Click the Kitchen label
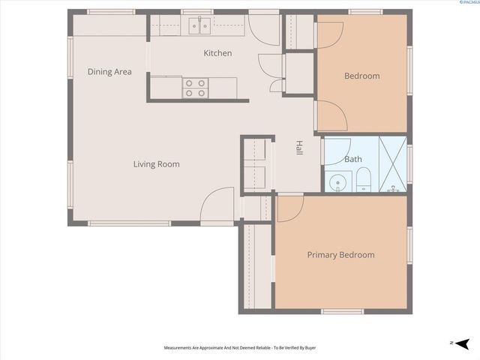tap(218, 53)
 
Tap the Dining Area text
tap(109, 72)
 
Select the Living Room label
tap(157, 164)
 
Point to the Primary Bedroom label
tap(340, 255)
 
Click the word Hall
tap(298, 148)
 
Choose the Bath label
tap(352, 160)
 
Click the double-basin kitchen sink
tap(199, 26)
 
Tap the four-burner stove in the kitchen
tap(196, 88)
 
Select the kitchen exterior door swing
tap(264, 30)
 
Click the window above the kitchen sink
tap(199, 12)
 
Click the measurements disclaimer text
tap(240, 348)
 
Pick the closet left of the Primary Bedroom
tap(256, 266)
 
